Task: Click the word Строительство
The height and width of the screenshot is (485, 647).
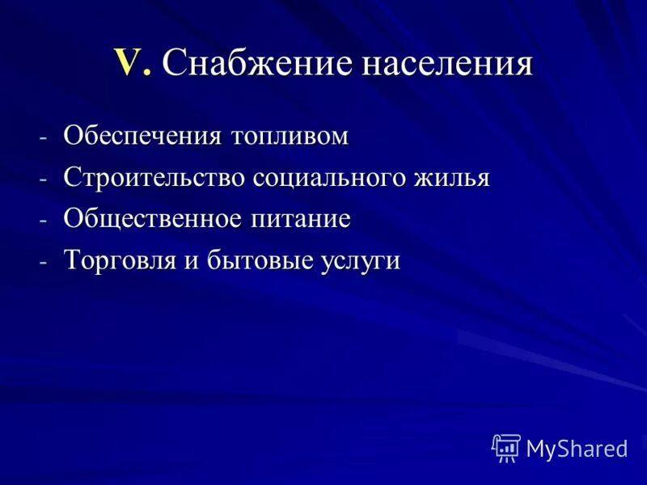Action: (x=154, y=177)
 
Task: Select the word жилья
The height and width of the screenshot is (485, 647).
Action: (x=455, y=177)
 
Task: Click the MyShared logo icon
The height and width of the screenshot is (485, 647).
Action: (x=505, y=447)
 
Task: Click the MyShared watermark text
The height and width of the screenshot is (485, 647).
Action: (x=577, y=449)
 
